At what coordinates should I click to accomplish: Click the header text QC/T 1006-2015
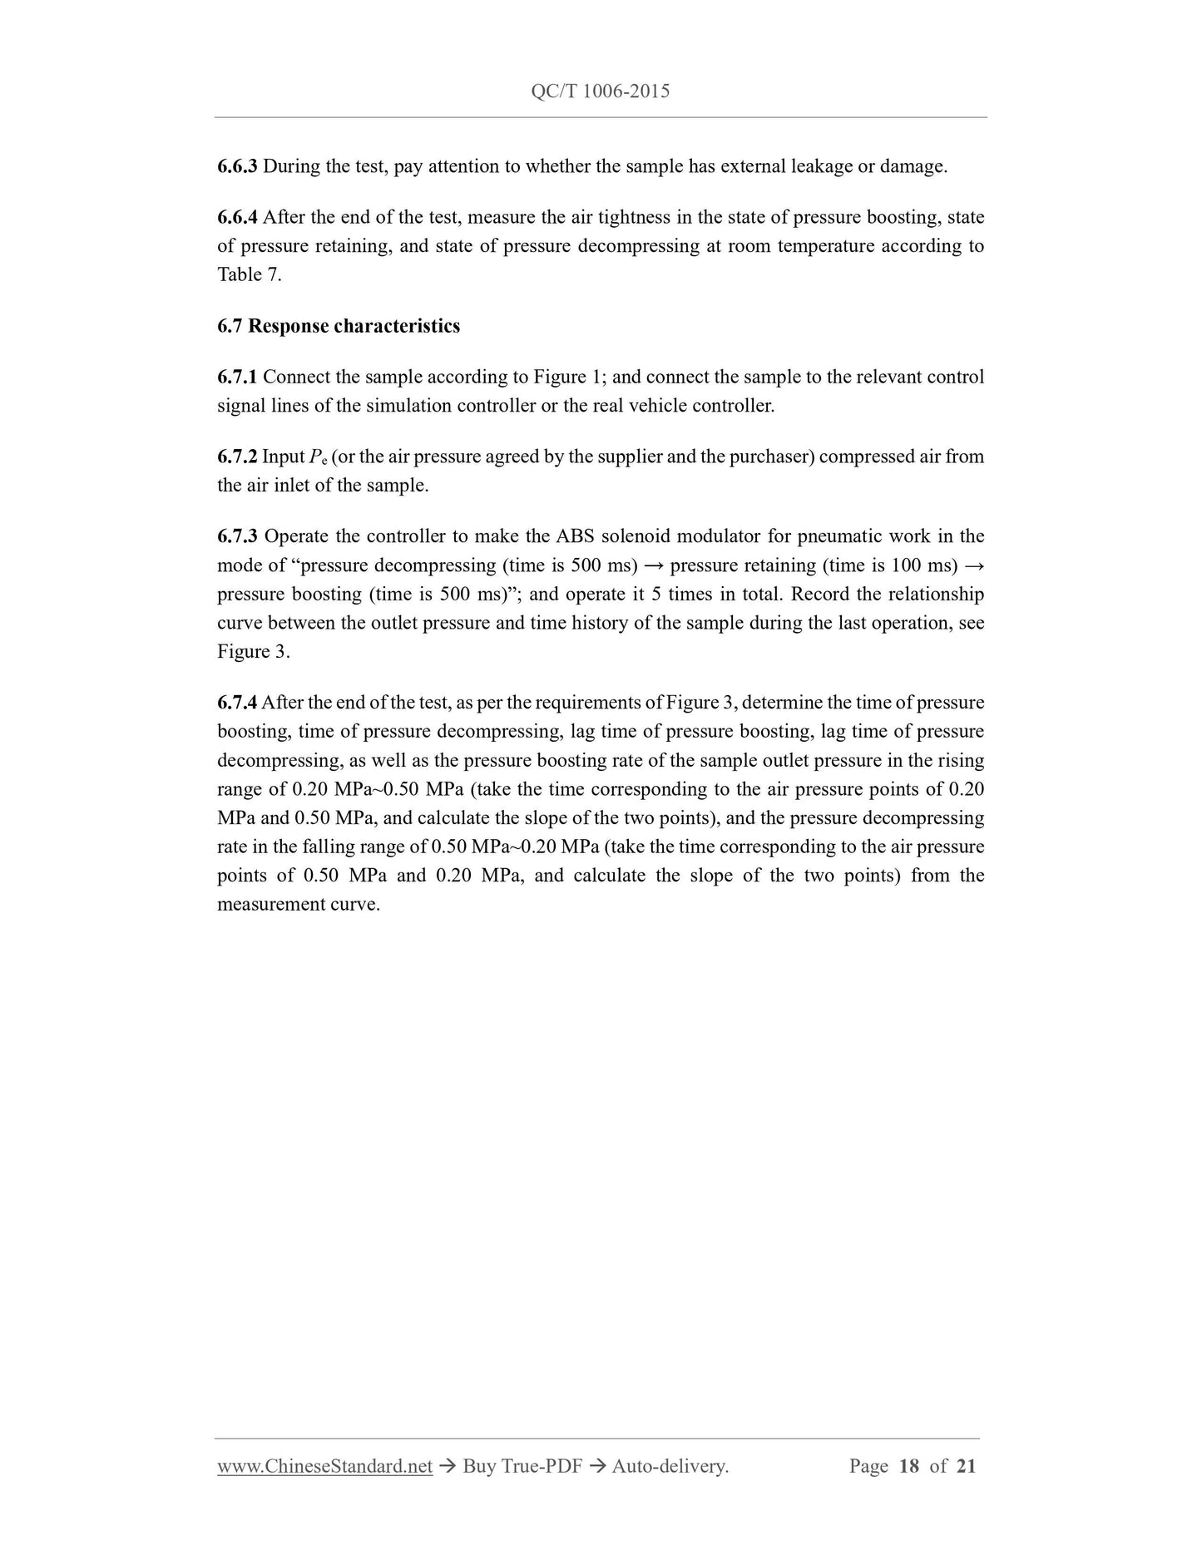tap(600, 91)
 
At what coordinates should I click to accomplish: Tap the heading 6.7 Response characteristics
tap(339, 326)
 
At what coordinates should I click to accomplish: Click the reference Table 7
tap(249, 275)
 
